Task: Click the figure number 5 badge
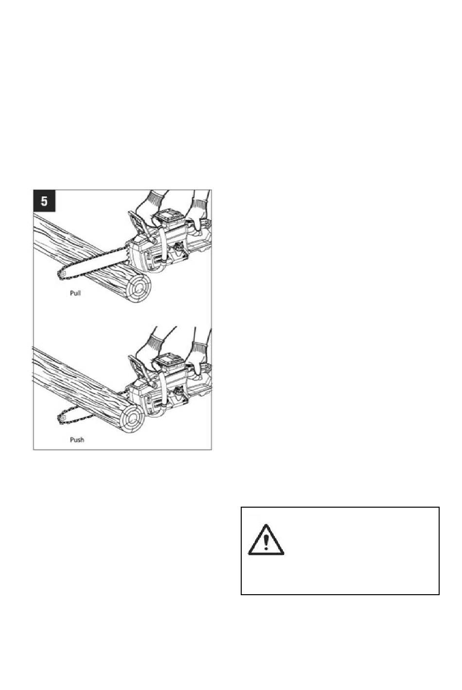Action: [x=44, y=201]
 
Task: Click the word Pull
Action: [x=75, y=293]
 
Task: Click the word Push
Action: [x=77, y=440]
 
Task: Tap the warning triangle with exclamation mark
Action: [x=266, y=540]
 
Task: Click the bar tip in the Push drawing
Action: [x=60, y=418]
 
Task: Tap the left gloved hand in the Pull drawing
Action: [x=150, y=210]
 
